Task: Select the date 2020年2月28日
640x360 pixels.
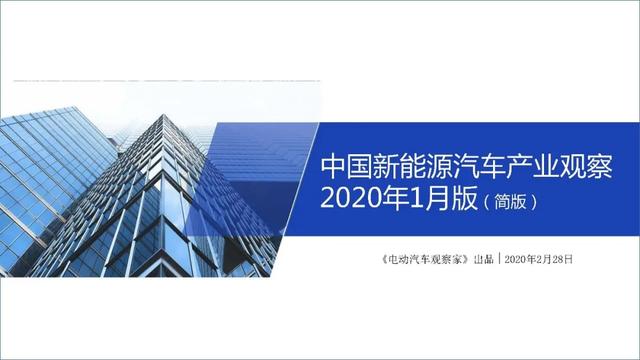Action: pos(540,259)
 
